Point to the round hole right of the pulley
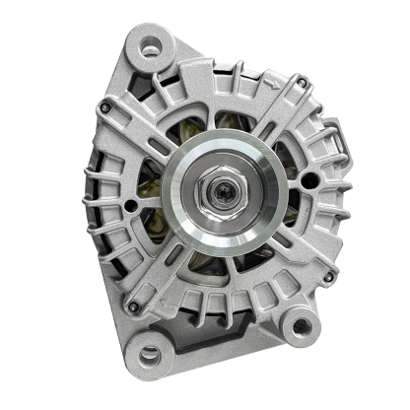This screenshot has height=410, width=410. pos(311,180)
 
